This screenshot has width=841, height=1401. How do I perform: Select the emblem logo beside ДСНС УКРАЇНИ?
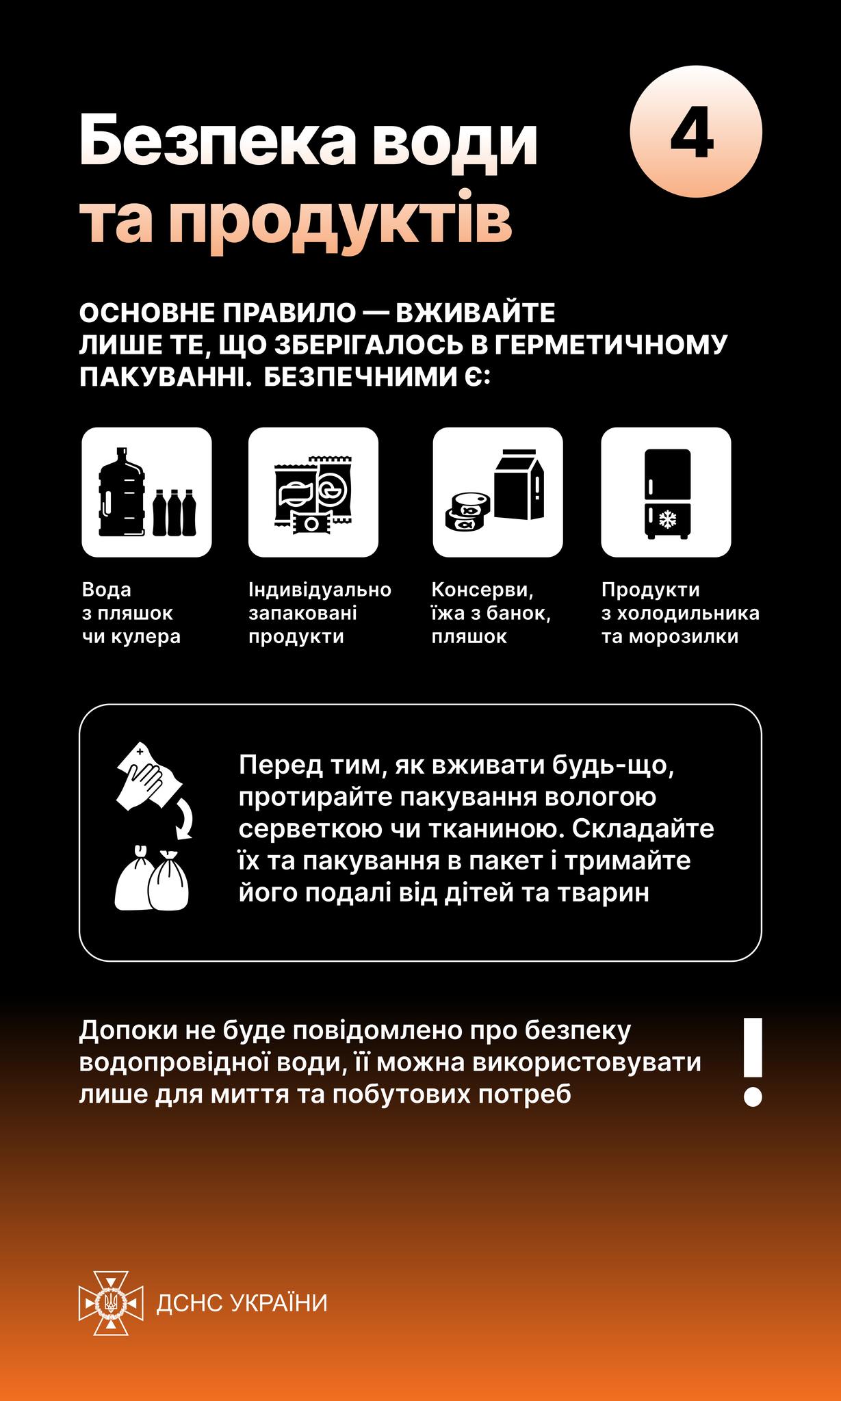pos(112,1303)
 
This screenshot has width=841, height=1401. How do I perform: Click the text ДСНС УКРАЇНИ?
pos(242,1303)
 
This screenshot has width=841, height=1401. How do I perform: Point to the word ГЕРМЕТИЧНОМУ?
pos(610,346)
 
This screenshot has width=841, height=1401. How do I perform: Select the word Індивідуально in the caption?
pos(320,590)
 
